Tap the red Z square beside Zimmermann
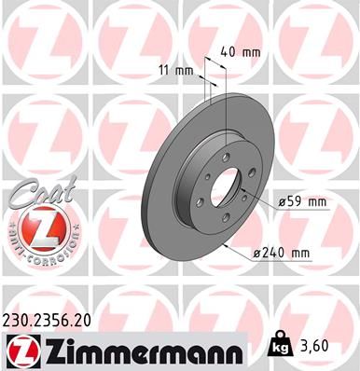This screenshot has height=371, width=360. click(20, 350)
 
